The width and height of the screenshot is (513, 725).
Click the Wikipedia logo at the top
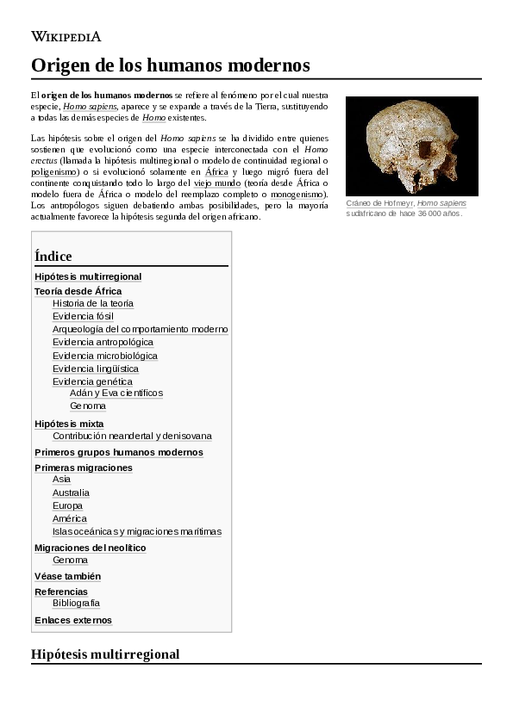66,36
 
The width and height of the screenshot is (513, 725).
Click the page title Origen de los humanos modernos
170,65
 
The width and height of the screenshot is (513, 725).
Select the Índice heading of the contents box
53,256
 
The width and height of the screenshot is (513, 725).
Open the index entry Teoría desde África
78,291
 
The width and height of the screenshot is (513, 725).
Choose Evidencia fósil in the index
83,316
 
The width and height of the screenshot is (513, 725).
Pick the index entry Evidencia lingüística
95,369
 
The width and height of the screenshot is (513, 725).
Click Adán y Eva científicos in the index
116,393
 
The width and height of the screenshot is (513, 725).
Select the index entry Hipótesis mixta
69,424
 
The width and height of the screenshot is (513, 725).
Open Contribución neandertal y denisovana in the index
132,436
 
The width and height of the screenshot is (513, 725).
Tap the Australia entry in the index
71,493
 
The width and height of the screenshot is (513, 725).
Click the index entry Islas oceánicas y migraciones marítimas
136,531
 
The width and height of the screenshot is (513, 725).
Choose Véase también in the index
67,576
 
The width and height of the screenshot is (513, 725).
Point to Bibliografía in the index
76,603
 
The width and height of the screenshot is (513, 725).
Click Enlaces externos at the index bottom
73,620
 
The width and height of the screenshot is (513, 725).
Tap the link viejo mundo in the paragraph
216,183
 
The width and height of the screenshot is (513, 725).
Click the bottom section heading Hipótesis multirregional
105,654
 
